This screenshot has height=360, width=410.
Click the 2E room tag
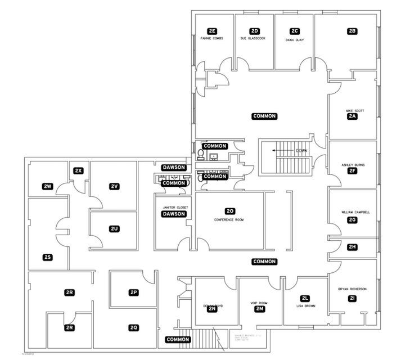point(212,31)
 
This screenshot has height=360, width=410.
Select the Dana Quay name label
point(294,40)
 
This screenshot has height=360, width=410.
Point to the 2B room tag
point(353,31)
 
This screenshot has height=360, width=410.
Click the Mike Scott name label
point(355,110)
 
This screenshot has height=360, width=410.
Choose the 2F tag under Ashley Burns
point(353,171)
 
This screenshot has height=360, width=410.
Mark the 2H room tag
point(353,247)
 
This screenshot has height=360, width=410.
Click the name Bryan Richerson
point(352,289)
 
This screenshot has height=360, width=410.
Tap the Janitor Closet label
point(174,207)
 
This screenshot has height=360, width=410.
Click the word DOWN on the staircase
point(302,151)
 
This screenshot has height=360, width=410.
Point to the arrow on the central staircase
point(277,151)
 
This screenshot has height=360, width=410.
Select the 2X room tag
point(79,170)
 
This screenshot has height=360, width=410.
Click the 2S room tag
point(48,258)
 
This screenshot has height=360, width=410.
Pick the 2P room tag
point(134,292)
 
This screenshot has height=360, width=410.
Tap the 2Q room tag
point(134,327)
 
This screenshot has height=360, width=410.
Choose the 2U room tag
point(114,228)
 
